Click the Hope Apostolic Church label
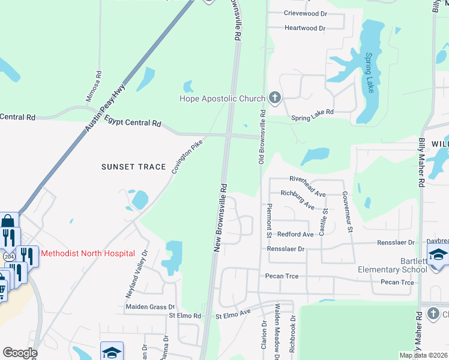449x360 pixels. [x=223, y=98]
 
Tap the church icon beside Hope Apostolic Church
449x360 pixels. [x=275, y=98]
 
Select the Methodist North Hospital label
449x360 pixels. [x=88, y=253]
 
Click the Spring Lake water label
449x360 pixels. [x=370, y=72]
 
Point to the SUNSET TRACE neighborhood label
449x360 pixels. [x=133, y=166]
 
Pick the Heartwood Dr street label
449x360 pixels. [x=305, y=28]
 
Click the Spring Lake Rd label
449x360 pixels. [x=312, y=115]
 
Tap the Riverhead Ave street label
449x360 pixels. [x=307, y=179]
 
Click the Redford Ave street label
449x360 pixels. [x=295, y=234]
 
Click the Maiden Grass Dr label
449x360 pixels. [x=150, y=307]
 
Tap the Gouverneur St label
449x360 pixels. [x=346, y=211]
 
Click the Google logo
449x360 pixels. [x=20, y=353]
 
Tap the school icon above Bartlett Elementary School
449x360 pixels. [x=438, y=254]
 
